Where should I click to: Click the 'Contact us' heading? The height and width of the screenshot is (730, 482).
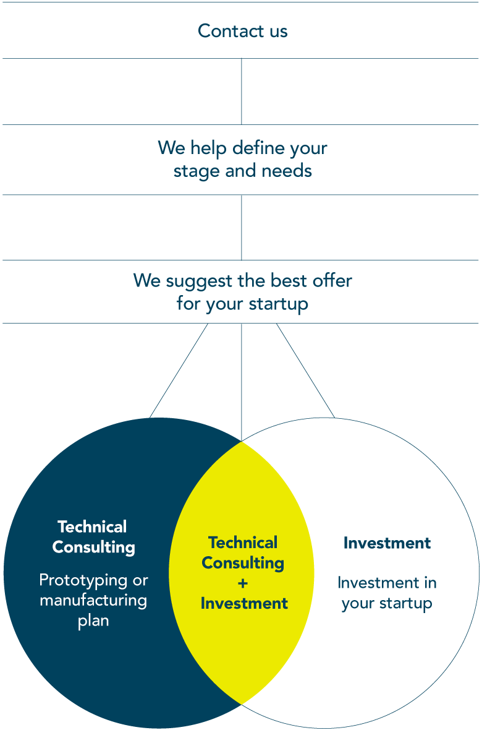[242, 31]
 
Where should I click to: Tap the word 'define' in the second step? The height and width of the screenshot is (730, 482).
[258, 148]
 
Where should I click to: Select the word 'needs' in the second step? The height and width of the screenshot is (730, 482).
[287, 170]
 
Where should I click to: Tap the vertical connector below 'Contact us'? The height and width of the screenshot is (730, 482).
[242, 92]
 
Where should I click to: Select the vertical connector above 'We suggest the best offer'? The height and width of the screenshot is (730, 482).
[242, 227]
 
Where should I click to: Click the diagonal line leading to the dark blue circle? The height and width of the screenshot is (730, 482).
[179, 371]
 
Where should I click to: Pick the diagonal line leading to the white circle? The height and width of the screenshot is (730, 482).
[306, 371]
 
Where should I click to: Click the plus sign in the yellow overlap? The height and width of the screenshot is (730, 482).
[242, 583]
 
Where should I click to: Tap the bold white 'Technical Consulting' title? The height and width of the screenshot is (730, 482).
[93, 537]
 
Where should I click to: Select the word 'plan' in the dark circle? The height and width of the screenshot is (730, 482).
[93, 620]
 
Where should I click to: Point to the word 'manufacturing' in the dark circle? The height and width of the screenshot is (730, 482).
[93, 600]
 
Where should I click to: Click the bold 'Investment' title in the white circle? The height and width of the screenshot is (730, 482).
[387, 543]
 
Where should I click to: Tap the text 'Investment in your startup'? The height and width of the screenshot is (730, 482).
[387, 593]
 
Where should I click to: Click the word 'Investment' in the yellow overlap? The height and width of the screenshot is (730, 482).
[244, 603]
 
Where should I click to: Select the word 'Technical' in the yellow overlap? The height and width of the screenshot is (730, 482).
[242, 543]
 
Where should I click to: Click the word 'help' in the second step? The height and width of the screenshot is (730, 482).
[208, 148]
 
